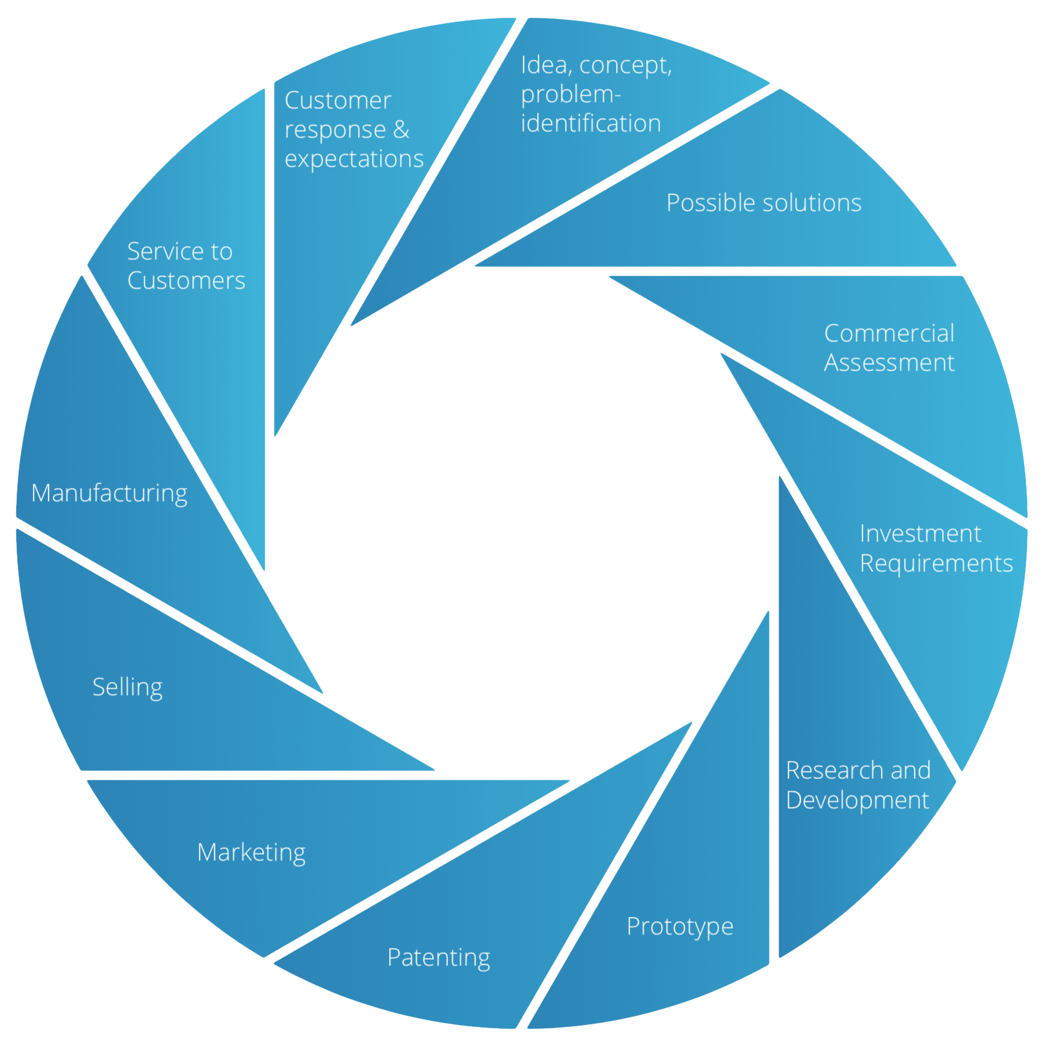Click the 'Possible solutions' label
pyautogui.click(x=763, y=203)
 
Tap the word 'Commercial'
pyautogui.click(x=889, y=334)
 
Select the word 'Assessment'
pyautogui.click(x=888, y=363)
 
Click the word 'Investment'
pyautogui.click(x=920, y=534)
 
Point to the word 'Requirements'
pyautogui.click(x=936, y=564)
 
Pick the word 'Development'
pyautogui.click(x=857, y=800)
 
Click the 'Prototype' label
pyautogui.click(x=680, y=927)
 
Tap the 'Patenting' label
pyautogui.click(x=438, y=958)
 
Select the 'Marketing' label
pyautogui.click(x=251, y=853)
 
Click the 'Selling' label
pyautogui.click(x=127, y=687)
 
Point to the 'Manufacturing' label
pyautogui.click(x=109, y=494)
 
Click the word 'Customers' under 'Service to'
pyautogui.click(x=186, y=281)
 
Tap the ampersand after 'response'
pyautogui.click(x=401, y=130)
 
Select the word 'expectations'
pyautogui.click(x=354, y=160)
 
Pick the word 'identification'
pyautogui.click(x=591, y=124)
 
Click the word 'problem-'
pyautogui.click(x=571, y=94)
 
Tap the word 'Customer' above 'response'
pyautogui.click(x=338, y=101)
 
